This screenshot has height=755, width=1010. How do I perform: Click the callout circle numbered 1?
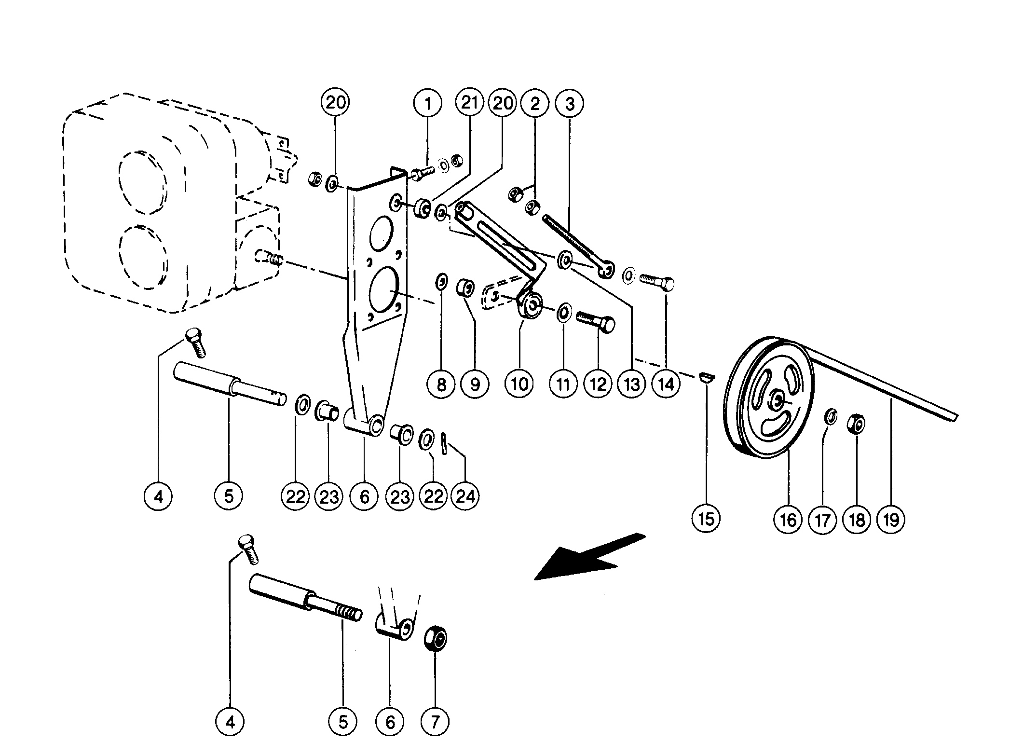point(427,103)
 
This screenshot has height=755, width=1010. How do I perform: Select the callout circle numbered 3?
point(570,103)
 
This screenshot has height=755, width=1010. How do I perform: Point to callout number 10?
point(519,384)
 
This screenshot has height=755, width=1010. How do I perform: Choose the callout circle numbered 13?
point(631,384)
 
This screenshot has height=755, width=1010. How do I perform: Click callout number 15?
point(706,519)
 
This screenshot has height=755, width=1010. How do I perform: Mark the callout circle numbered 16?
point(788,520)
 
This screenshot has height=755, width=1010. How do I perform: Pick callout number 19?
point(891,520)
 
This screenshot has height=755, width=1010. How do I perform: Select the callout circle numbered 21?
point(470,103)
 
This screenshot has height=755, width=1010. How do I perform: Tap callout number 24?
point(465,496)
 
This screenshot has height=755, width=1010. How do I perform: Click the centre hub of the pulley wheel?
point(778,399)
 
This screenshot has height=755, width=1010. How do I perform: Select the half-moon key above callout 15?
point(707,377)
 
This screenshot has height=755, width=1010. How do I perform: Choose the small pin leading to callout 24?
point(444,444)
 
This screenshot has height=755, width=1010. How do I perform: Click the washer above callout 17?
point(830,417)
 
